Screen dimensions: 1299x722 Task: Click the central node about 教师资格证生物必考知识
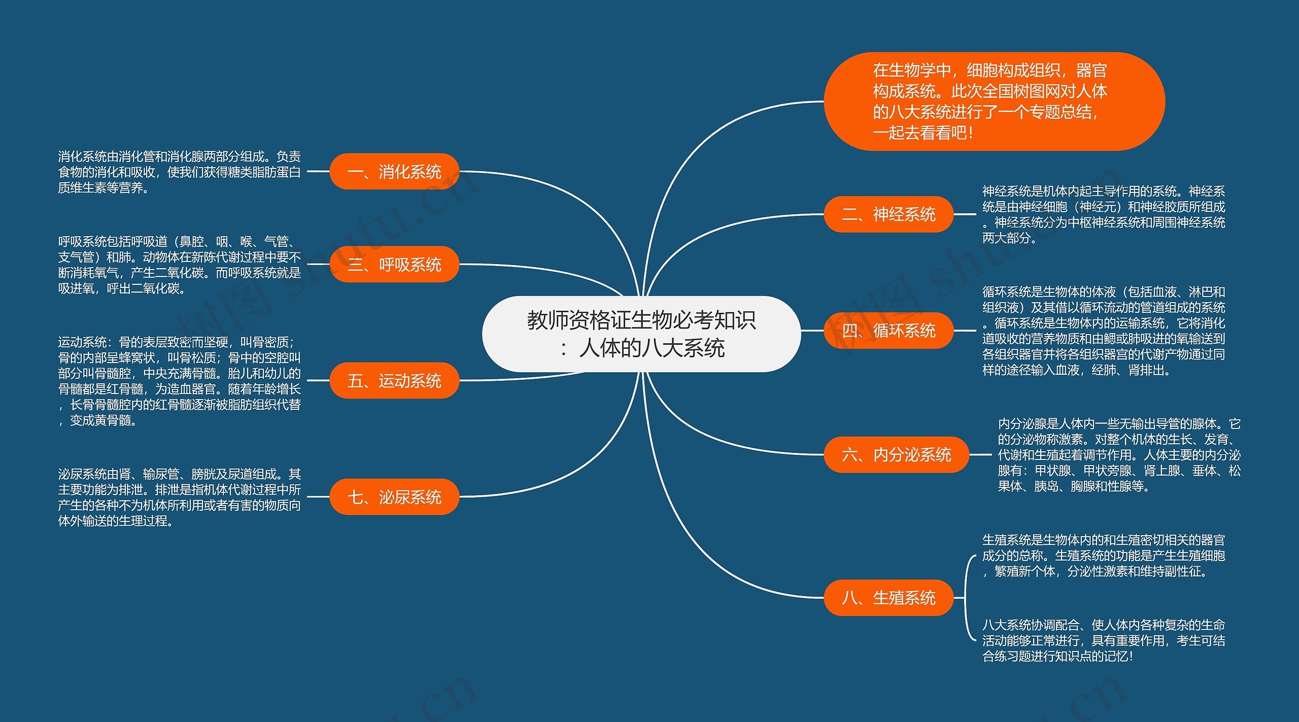point(641,334)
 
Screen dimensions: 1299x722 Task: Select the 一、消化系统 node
point(394,172)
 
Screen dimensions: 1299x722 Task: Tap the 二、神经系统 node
point(888,214)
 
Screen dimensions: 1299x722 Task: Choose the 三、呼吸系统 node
point(394,265)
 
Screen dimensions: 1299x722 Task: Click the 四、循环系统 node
point(888,331)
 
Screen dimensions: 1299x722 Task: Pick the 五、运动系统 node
point(394,380)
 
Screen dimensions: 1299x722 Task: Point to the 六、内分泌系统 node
point(896,454)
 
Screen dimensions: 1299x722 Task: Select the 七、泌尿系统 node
point(394,497)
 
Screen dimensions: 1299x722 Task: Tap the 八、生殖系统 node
point(888,598)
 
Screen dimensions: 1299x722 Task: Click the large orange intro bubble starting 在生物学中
point(994,102)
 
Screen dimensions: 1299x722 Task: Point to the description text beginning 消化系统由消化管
point(179,172)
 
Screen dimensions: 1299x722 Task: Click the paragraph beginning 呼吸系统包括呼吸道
point(179,265)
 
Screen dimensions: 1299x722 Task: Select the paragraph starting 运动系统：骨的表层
point(179,381)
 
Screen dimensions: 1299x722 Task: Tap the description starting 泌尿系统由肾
point(179,497)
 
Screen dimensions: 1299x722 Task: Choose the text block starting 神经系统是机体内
point(1103,214)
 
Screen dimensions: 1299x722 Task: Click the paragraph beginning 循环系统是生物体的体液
point(1103,331)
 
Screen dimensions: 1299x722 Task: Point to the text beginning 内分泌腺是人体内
point(1118,455)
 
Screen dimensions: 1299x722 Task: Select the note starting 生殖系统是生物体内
point(1103,555)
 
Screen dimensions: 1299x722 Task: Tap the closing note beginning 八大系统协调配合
point(1103,640)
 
